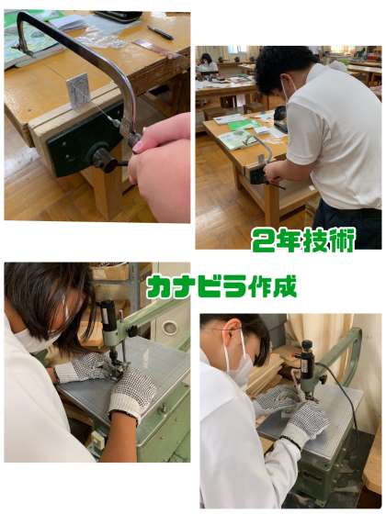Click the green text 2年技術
point(303,240)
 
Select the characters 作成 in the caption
point(272,286)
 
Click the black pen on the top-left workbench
point(160,33)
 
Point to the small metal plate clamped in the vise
point(79,90)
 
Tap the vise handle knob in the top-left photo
point(102,158)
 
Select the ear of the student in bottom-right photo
point(234,329)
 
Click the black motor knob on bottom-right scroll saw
point(307,345)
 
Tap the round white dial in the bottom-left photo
point(170,328)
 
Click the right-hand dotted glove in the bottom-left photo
point(132,391)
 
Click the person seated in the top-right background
point(208,65)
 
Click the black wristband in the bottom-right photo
point(290,441)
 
